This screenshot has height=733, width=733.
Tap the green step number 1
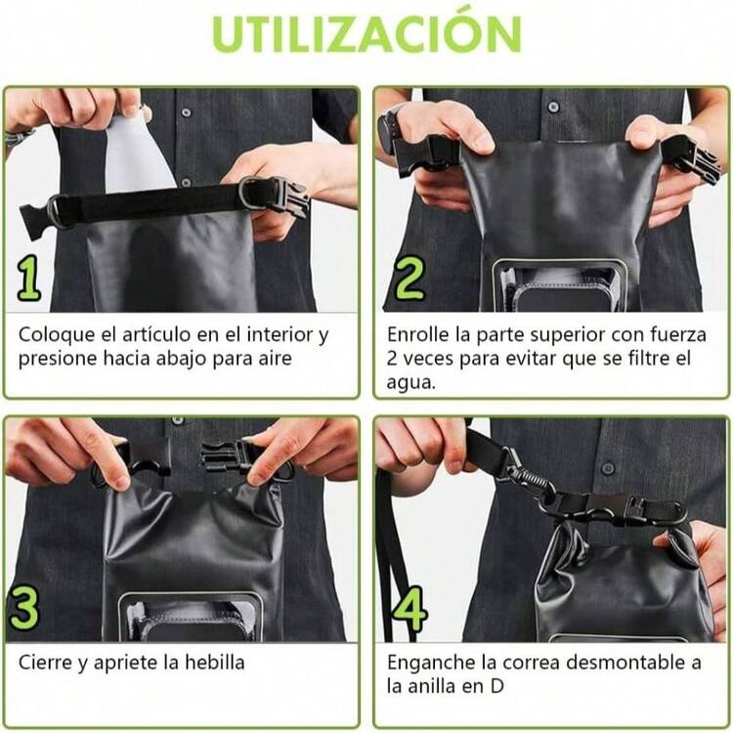coord(28,278)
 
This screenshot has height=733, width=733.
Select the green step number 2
coord(409,278)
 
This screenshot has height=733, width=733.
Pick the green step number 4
coord(410,609)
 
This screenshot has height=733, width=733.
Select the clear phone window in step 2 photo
coord(560,285)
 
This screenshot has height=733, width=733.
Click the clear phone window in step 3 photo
coord(191,618)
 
